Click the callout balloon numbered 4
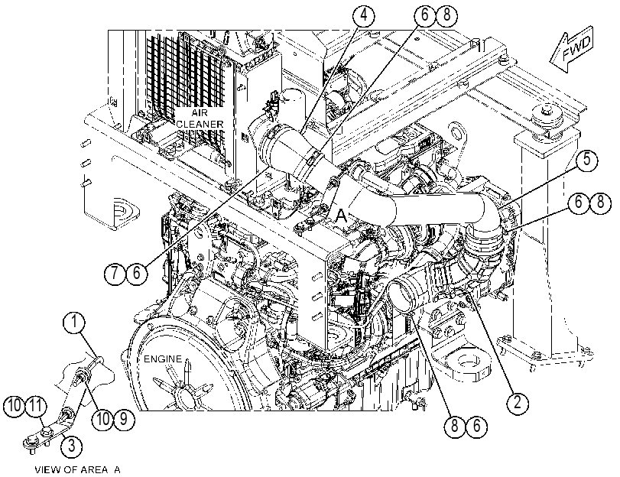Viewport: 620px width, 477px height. (x=363, y=15)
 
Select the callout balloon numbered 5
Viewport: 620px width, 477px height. (x=587, y=160)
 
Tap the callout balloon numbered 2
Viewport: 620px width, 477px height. (x=518, y=403)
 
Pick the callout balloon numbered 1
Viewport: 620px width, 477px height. (x=74, y=323)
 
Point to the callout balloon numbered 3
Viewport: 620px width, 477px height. (x=72, y=446)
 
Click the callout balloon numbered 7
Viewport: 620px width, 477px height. (x=115, y=273)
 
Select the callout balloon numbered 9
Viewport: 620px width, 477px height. (x=124, y=418)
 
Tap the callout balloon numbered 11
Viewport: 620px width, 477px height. (x=36, y=406)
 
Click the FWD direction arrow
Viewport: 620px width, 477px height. (x=572, y=49)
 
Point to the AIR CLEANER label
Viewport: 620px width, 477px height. (x=200, y=118)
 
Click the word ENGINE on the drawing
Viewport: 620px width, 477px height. (x=163, y=359)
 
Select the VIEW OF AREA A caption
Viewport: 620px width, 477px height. (x=77, y=470)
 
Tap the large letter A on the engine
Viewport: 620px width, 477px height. (x=341, y=216)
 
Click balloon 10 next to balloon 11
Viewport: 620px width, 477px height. (x=15, y=406)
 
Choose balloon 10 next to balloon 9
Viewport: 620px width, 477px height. (x=102, y=418)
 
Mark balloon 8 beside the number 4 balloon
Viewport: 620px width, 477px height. (x=446, y=15)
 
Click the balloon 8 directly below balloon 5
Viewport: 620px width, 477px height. (x=600, y=203)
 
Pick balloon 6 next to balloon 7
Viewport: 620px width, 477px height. (x=136, y=273)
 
